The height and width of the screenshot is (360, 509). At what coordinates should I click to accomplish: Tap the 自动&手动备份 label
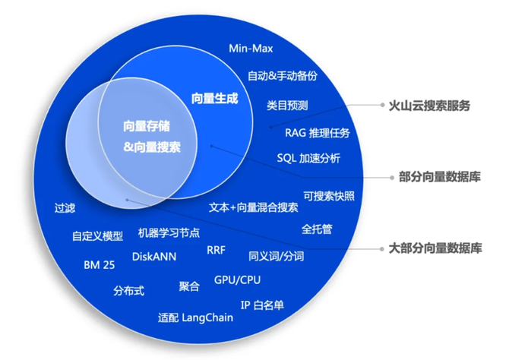(282, 76)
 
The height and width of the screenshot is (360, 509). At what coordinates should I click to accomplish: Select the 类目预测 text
(287, 105)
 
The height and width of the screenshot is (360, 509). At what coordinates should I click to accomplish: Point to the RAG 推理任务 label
(318, 133)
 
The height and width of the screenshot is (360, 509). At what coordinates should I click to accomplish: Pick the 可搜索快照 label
(328, 196)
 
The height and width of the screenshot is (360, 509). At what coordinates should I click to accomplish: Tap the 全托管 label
(317, 229)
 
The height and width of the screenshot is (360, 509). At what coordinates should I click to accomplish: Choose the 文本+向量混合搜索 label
(253, 207)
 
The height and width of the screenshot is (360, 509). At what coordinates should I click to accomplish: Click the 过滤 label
(65, 207)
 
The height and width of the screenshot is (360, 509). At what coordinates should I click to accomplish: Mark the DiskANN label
(154, 257)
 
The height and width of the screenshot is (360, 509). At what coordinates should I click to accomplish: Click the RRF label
(216, 250)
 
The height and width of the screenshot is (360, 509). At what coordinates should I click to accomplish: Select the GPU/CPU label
(237, 280)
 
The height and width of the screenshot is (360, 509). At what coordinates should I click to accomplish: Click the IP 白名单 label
(262, 305)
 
